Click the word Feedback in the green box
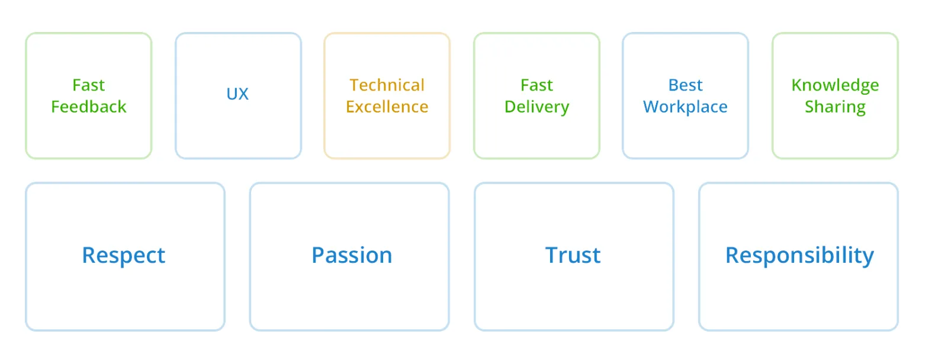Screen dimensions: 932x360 point(89,107)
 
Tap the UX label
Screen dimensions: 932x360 point(237,94)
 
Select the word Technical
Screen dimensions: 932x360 point(387,85)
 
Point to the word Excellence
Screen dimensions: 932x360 point(387,107)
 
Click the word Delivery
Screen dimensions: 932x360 point(536,107)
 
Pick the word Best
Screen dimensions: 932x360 point(685,85)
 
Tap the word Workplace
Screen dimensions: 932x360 point(685,107)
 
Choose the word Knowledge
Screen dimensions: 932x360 point(835,86)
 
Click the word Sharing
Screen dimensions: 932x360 point(835,107)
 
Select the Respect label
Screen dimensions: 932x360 point(124,256)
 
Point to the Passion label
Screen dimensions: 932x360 point(352,255)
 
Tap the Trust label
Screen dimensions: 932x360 point(573,255)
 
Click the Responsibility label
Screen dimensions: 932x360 point(800,256)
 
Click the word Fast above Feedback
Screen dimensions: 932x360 point(89,85)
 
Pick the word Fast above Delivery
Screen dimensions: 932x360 point(536,85)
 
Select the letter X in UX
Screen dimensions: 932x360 point(243,94)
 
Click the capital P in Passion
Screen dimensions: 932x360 point(319,255)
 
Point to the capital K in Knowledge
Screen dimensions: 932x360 point(797,85)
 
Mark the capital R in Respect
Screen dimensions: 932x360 point(89,255)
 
